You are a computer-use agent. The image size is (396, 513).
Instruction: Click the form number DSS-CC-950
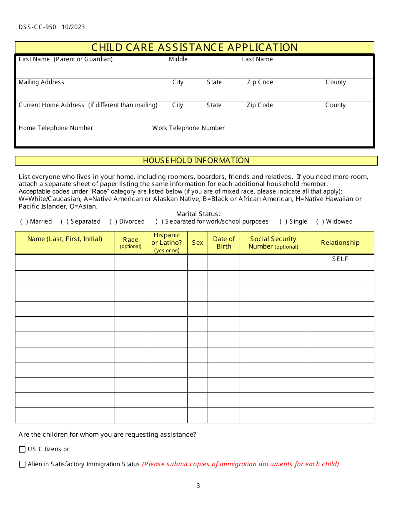[x=38, y=27]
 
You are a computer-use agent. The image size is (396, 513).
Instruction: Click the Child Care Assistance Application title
[x=195, y=48]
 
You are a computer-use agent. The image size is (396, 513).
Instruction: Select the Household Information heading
[x=196, y=161]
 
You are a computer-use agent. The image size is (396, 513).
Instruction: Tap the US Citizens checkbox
[x=23, y=449]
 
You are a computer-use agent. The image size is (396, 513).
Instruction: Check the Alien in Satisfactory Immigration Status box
[x=23, y=464]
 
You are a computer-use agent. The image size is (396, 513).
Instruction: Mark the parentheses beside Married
[x=24, y=221]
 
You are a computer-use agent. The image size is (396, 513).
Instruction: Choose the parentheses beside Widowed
[x=320, y=221]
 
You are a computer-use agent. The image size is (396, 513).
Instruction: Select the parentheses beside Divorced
[x=113, y=221]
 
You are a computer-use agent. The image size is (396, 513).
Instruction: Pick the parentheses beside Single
[x=283, y=221]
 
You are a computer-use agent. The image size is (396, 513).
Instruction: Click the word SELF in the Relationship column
[x=340, y=259]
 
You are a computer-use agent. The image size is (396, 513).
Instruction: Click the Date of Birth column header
[x=224, y=242]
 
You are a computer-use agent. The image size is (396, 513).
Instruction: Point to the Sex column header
[x=198, y=243]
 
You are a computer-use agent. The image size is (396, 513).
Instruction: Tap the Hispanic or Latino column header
[x=167, y=242]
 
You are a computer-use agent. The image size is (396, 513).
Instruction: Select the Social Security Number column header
[x=273, y=242]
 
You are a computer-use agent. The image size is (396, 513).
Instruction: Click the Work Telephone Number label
[x=188, y=128]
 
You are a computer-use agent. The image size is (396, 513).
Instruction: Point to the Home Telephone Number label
[x=56, y=128]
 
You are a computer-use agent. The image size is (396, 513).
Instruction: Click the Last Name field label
[x=257, y=59]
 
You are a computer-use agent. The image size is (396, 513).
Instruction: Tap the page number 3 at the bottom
[x=198, y=486]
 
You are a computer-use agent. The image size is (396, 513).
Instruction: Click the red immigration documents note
[x=241, y=464]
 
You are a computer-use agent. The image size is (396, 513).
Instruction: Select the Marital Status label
[x=198, y=214]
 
